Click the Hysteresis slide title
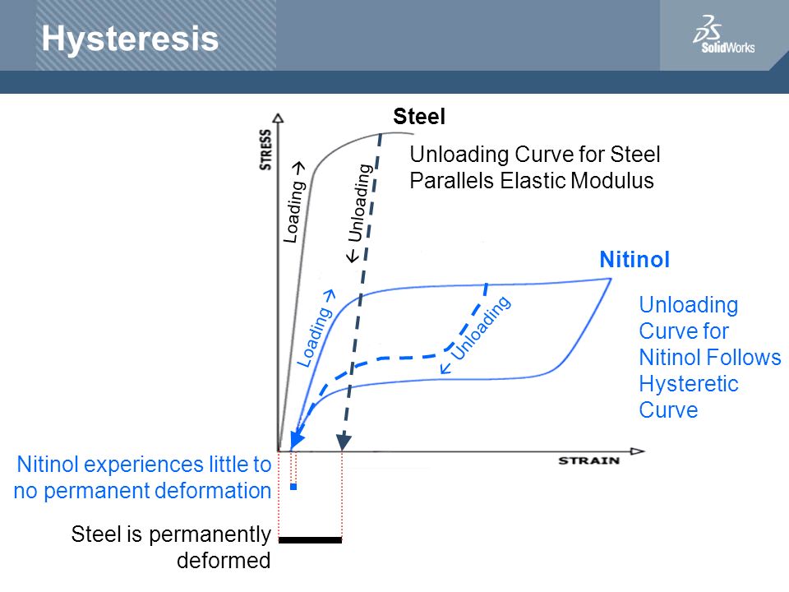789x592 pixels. click(x=130, y=39)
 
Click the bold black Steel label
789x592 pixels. click(x=419, y=116)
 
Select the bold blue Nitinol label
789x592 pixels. click(x=634, y=260)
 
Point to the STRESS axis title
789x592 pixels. click(x=265, y=150)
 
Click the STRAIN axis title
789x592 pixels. click(x=588, y=460)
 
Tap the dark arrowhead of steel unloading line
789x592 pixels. click(x=344, y=442)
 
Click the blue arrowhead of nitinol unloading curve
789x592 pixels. click(x=297, y=440)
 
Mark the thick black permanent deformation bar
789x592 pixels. click(x=310, y=540)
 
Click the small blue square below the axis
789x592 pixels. click(x=293, y=487)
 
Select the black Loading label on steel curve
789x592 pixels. click(x=294, y=203)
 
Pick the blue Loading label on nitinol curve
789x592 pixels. click(x=316, y=328)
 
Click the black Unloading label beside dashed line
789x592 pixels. click(x=359, y=212)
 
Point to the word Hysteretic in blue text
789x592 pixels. click(x=689, y=384)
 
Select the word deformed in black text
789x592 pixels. click(x=224, y=560)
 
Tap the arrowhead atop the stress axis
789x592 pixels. click(x=278, y=118)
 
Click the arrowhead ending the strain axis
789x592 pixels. click(x=638, y=451)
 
